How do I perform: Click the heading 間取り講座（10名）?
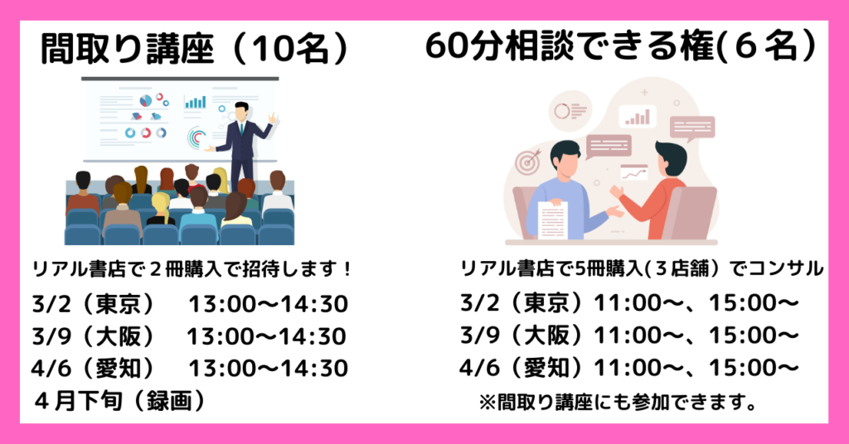click(x=195, y=50)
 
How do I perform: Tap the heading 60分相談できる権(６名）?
click(x=620, y=46)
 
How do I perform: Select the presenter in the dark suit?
click(x=241, y=143)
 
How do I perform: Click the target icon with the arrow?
click(x=528, y=162)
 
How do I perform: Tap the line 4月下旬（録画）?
click(x=120, y=401)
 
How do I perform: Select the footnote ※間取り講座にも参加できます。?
click(x=618, y=403)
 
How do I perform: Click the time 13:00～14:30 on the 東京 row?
click(x=268, y=305)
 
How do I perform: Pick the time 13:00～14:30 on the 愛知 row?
click(x=268, y=369)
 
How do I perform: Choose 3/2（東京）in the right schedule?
click(x=523, y=303)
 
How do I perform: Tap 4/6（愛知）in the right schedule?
click(x=523, y=369)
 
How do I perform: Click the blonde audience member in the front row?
click(x=160, y=209)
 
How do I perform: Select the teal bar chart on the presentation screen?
click(x=195, y=102)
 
